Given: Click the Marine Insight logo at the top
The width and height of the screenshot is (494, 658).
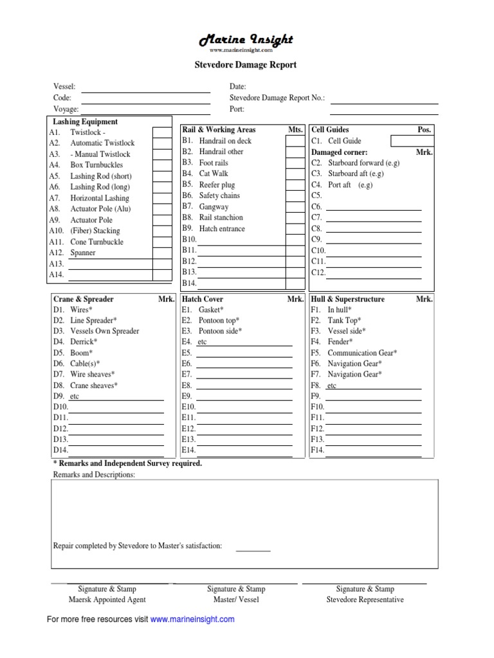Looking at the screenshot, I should click(x=246, y=41).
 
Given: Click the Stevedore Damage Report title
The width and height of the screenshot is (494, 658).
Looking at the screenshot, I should click(x=246, y=65).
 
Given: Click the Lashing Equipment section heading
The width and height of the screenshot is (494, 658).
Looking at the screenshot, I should click(x=85, y=121).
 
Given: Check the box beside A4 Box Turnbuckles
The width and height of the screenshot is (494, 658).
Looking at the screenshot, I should click(x=161, y=165).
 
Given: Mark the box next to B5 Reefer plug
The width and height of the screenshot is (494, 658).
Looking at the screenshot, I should click(x=294, y=185).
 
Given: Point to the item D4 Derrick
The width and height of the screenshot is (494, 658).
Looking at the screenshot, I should click(x=84, y=342).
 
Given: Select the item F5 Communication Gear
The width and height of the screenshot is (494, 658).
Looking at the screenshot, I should click(x=361, y=353).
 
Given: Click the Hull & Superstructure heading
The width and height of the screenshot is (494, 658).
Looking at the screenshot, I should click(x=347, y=299).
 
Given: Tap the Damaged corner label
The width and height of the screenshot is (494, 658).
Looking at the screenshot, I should click(x=339, y=152).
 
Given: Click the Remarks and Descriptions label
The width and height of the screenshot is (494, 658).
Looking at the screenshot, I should click(x=94, y=475).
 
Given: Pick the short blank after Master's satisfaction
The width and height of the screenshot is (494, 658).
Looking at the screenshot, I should click(x=253, y=547).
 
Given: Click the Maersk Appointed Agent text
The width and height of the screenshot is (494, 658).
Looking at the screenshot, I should click(x=107, y=600).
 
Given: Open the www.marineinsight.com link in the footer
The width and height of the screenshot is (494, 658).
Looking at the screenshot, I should click(x=192, y=619).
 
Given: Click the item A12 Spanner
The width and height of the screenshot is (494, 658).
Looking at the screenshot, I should click(x=82, y=253).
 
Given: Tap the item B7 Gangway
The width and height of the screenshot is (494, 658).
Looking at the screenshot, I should click(x=213, y=207).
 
